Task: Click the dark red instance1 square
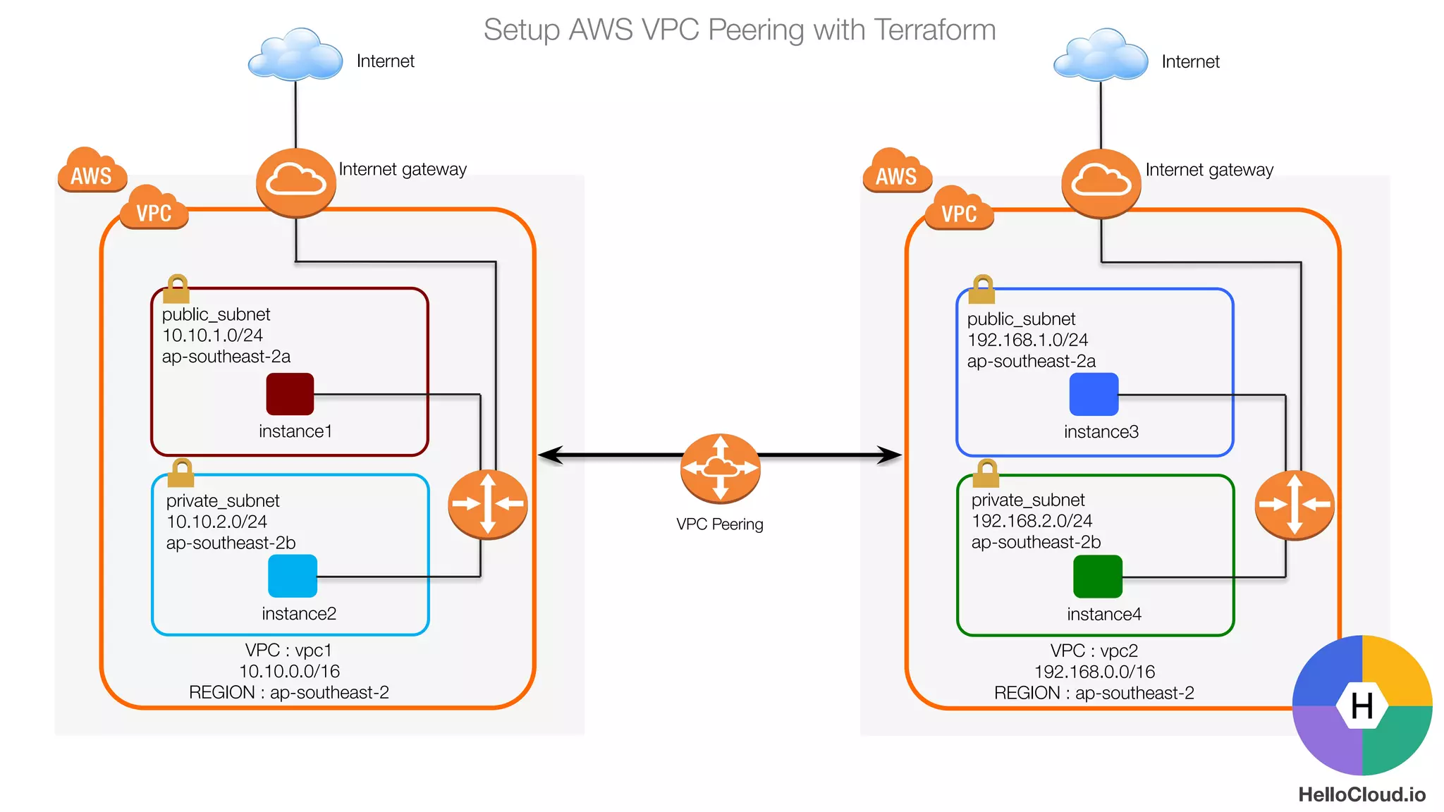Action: click(x=290, y=394)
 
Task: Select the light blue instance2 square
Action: click(x=293, y=576)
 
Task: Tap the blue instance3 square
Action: click(x=1094, y=394)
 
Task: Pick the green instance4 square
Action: click(x=1097, y=577)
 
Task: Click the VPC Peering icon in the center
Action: click(x=720, y=468)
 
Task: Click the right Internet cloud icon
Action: click(x=1101, y=55)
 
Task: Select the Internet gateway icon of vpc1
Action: click(x=296, y=182)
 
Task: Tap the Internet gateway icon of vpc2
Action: click(x=1101, y=183)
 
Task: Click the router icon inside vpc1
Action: click(x=488, y=504)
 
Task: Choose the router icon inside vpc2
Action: click(x=1295, y=505)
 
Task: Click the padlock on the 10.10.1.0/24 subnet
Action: click(x=176, y=289)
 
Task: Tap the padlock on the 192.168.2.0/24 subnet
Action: click(x=986, y=474)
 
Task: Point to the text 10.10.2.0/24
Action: click(x=216, y=522)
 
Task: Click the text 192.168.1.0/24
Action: click(x=1027, y=340)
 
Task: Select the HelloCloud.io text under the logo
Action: click(x=1362, y=795)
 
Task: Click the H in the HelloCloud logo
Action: click(x=1362, y=706)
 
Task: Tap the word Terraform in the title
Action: click(x=934, y=30)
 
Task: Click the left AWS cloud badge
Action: click(x=92, y=171)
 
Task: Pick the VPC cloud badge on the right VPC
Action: click(x=960, y=209)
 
